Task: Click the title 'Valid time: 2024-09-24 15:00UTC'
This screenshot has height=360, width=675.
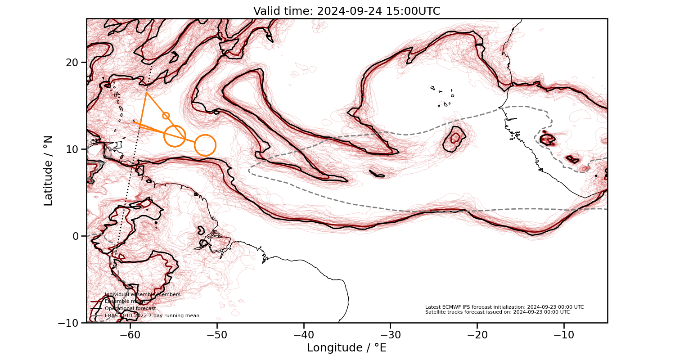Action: (346, 11)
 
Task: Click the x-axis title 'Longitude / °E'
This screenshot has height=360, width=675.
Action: (346, 348)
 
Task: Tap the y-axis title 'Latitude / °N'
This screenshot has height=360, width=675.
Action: (48, 171)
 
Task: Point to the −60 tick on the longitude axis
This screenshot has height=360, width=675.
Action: (130, 335)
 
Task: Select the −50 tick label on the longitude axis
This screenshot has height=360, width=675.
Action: (217, 335)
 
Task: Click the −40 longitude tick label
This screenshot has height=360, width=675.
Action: (304, 335)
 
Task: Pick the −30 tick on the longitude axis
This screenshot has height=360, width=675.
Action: (390, 335)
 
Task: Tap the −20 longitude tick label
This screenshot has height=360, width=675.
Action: (477, 335)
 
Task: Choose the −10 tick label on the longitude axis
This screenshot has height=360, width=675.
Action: (564, 335)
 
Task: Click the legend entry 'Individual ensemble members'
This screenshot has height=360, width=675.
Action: (142, 294)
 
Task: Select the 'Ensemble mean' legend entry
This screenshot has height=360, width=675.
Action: (124, 301)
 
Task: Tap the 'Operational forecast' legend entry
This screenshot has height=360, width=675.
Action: (130, 309)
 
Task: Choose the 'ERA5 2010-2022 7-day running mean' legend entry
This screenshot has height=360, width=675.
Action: (152, 316)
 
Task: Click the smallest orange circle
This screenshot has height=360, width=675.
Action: (166, 116)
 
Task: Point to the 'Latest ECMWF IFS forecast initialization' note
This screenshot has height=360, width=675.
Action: (504, 307)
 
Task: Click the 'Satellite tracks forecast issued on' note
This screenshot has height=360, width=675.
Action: (497, 312)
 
